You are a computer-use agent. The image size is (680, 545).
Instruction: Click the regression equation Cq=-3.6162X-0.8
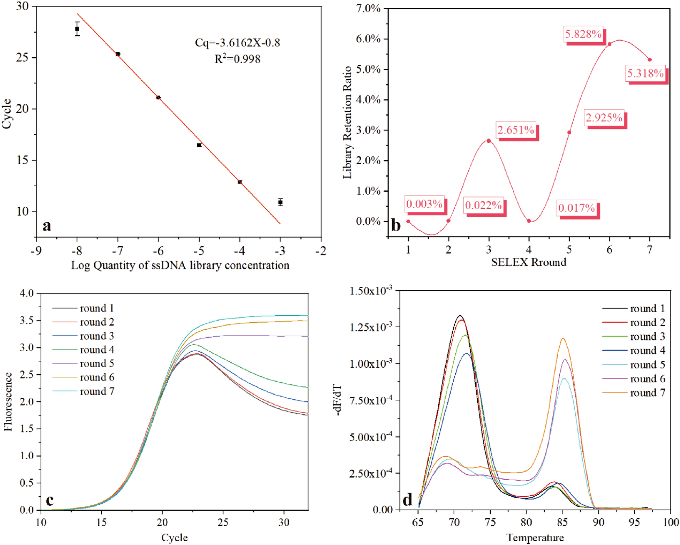[x=237, y=43]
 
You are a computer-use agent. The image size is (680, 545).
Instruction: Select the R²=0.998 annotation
[x=237, y=59]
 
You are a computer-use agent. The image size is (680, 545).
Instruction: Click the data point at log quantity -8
[x=77, y=29]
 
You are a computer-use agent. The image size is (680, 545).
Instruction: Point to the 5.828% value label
[x=583, y=34]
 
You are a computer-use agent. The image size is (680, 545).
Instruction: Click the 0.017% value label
[x=576, y=208]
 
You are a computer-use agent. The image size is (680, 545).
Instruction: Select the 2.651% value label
[x=516, y=130]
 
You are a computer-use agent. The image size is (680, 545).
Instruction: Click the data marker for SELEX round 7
[x=650, y=60]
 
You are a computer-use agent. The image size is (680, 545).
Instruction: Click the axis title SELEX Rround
[x=529, y=262]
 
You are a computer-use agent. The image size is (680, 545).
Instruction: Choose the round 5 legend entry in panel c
[x=97, y=363]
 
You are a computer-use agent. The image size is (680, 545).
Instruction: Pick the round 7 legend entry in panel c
[x=97, y=391]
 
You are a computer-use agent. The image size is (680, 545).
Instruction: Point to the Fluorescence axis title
[x=8, y=401]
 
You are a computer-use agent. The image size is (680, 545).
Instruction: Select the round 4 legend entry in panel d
[x=647, y=350]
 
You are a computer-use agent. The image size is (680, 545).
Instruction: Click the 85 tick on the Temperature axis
[x=562, y=522]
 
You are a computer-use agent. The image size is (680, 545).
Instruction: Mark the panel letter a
[x=47, y=226]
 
